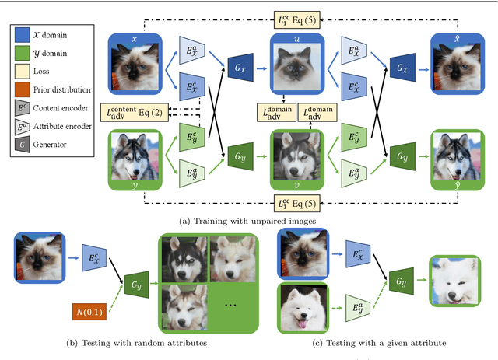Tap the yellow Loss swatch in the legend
(x=23, y=71)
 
